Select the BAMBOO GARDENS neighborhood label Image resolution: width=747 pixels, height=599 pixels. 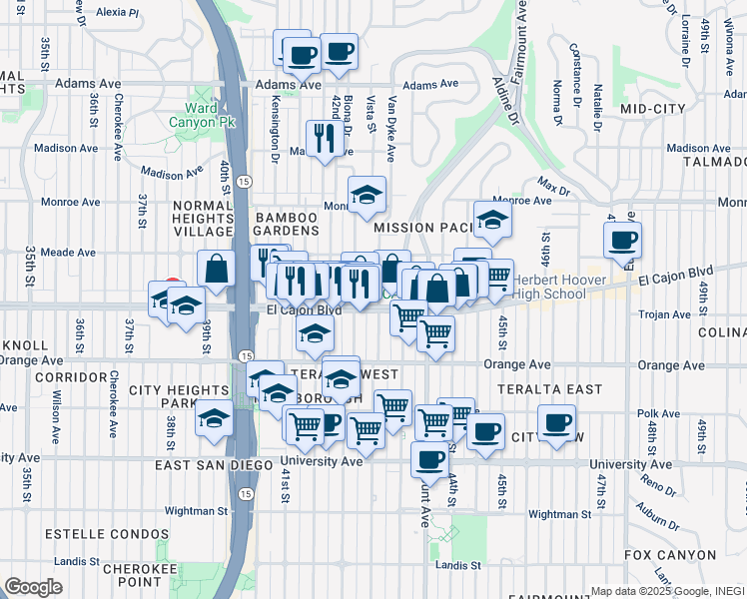[287, 224]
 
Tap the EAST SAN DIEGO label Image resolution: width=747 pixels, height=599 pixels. [214, 465]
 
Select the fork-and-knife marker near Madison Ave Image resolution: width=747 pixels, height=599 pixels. [325, 137]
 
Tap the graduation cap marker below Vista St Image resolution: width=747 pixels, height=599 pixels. [367, 194]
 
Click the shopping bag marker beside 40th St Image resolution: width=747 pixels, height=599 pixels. [216, 267]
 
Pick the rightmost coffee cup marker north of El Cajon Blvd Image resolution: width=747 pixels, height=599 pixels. [623, 241]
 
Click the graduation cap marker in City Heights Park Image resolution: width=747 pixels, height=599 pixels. [214, 418]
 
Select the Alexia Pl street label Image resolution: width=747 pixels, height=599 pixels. [118, 13]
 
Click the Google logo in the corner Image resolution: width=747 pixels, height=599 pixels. [33, 586]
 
